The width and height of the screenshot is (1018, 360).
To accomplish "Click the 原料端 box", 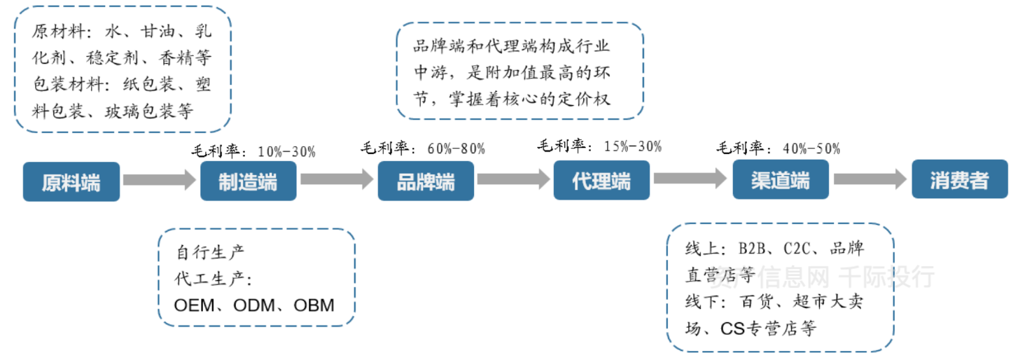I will point(71,181).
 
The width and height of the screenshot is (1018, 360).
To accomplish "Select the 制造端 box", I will point(249,181).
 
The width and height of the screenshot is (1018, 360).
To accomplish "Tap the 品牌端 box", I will point(426,181).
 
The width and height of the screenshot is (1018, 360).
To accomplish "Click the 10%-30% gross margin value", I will point(287,151).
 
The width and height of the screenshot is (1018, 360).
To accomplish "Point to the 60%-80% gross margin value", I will point(456,148).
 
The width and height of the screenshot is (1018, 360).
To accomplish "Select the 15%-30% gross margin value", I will point(633,146).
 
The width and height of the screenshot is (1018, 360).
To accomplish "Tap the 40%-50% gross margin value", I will point(811,148).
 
